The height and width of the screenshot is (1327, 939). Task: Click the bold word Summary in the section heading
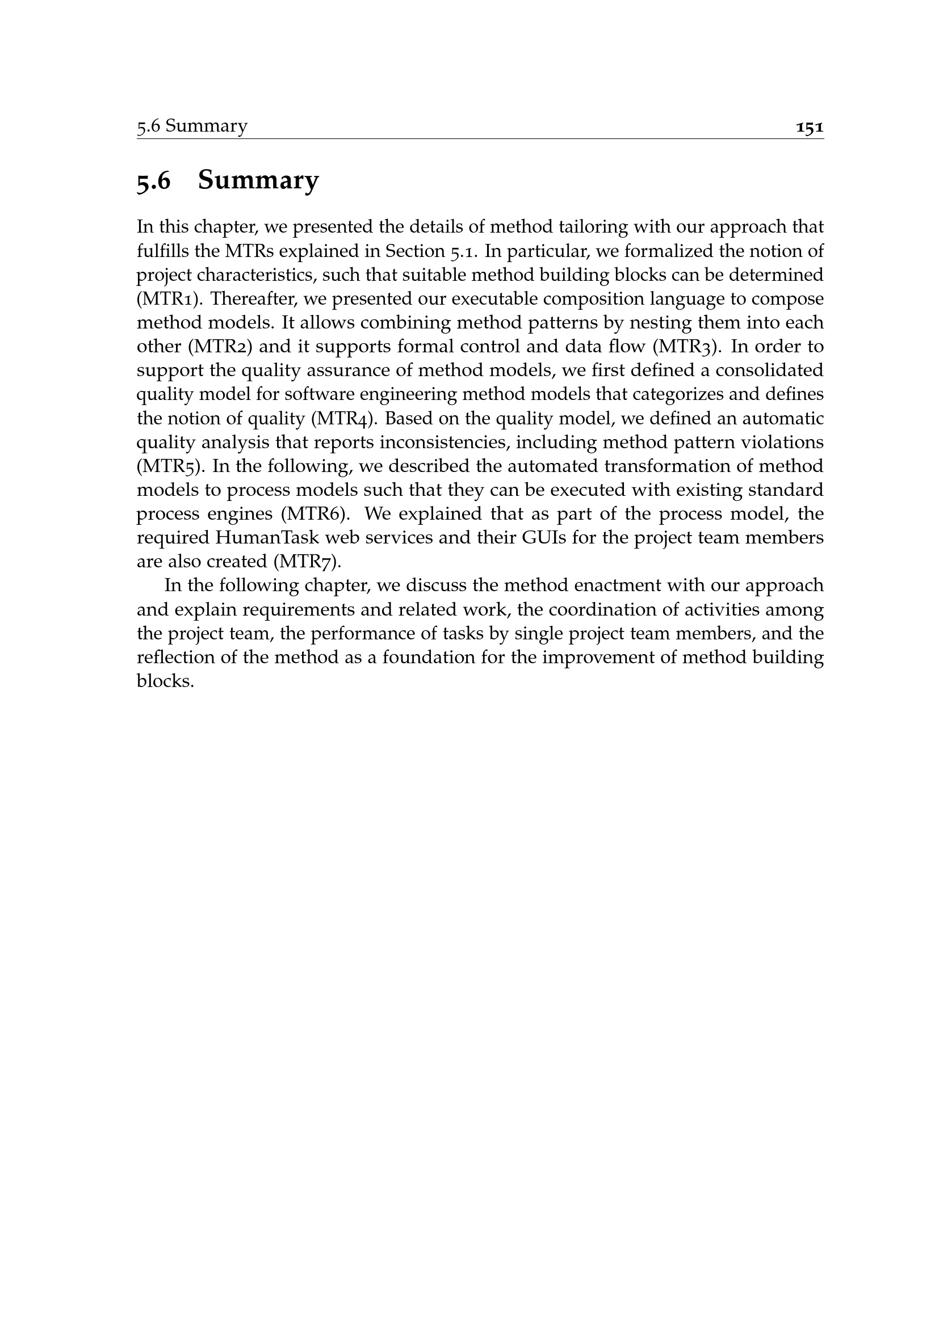(258, 180)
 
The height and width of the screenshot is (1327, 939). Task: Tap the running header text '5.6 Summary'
(192, 126)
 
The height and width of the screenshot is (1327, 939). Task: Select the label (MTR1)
(169, 299)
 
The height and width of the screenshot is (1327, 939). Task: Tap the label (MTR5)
(170, 466)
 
